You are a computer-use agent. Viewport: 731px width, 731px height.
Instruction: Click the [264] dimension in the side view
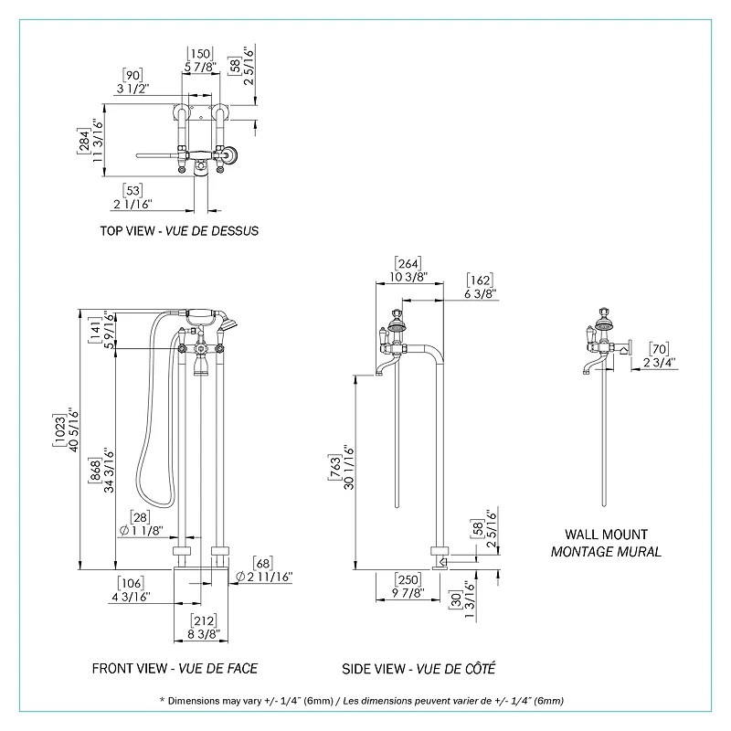click(408, 263)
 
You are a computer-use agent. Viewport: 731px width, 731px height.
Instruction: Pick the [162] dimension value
click(481, 280)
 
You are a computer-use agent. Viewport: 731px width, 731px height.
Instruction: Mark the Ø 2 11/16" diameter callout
click(263, 576)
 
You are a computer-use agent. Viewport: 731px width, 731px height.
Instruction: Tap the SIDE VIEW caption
click(376, 668)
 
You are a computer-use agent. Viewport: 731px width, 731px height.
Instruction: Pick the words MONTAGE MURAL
click(606, 551)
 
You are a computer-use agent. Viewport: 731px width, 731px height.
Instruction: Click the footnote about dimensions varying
click(361, 701)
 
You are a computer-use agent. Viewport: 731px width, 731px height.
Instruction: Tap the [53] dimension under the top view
click(133, 191)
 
